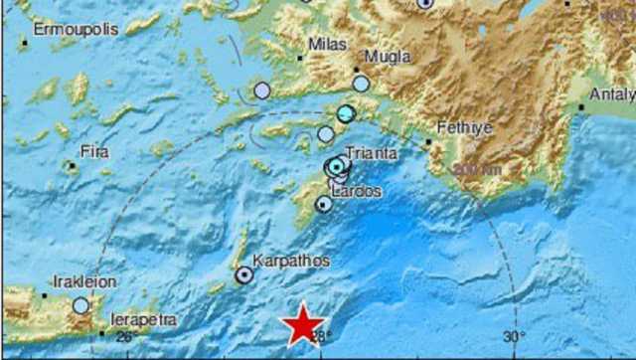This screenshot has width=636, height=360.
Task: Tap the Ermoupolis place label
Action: [75, 29]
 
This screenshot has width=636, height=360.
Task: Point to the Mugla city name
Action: [388, 57]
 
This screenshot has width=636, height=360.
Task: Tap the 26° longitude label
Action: [125, 338]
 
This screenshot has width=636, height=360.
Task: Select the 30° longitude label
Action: [513, 338]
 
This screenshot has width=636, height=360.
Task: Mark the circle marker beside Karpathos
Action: [243, 275]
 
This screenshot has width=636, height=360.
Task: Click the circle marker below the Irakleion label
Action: [81, 305]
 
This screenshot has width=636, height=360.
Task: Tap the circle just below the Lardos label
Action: [324, 204]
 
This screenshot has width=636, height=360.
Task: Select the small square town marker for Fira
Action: [71, 165]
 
